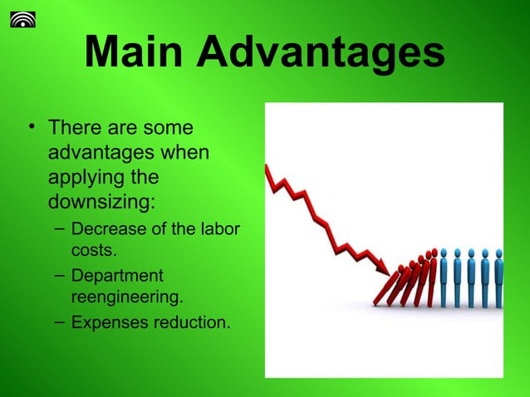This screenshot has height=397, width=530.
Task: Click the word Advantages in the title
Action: click(321, 52)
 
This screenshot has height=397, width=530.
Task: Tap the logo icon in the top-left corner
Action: click(22, 17)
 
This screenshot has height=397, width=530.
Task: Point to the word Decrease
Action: click(107, 228)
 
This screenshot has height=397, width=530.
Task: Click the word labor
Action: click(218, 228)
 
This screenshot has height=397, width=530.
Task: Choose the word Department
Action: click(117, 276)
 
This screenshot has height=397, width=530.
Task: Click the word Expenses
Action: click(106, 322)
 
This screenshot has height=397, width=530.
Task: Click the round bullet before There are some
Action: click(31, 127)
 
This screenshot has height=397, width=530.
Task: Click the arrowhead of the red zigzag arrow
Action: click(382, 267)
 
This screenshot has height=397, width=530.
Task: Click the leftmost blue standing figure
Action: click(443, 278)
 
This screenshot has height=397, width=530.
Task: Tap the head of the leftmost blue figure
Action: click(443, 252)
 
